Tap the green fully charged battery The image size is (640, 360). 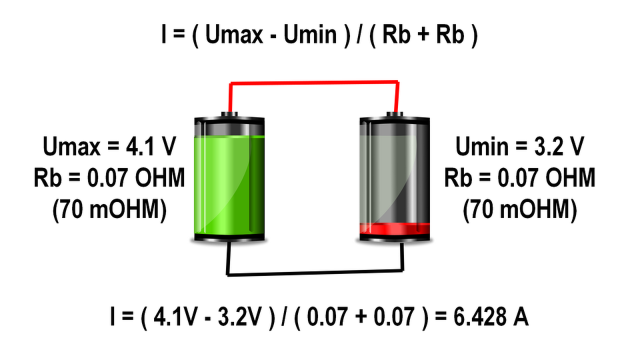click(229, 180)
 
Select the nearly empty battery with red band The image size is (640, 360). click(394, 180)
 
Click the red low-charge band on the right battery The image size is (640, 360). click(394, 228)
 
